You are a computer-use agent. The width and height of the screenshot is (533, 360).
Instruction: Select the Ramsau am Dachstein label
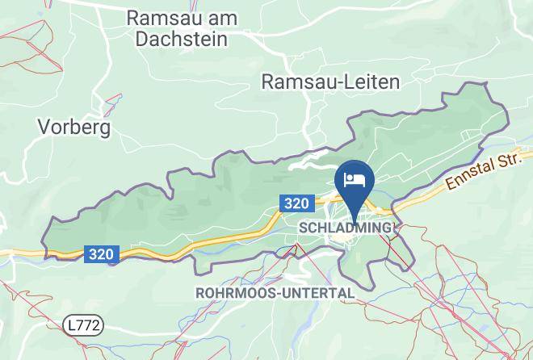click(x=178, y=27)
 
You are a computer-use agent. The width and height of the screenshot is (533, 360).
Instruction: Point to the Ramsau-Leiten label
click(x=331, y=81)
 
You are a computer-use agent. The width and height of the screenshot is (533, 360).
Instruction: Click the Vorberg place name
click(x=74, y=127)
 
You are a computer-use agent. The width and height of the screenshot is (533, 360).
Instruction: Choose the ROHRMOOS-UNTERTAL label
click(x=275, y=292)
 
